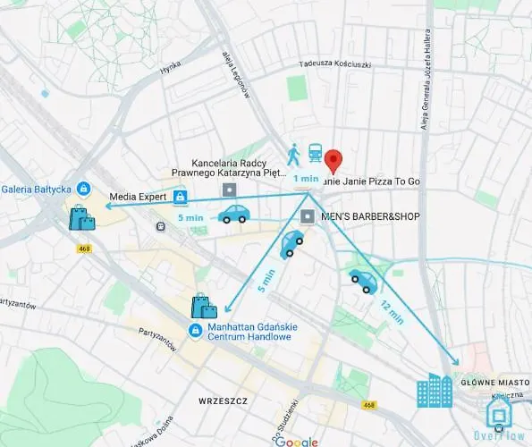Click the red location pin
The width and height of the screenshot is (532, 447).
point(334,160)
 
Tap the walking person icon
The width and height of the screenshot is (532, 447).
point(294,154)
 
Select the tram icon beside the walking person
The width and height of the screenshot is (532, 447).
point(315,154)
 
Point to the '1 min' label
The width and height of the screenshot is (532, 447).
point(305,178)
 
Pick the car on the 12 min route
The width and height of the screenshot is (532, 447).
point(363,281)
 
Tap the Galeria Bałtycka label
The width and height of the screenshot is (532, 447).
point(37,189)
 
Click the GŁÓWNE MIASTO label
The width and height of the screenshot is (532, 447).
point(491,382)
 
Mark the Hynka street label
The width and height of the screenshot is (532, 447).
point(170,68)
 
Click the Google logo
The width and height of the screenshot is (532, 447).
point(296,441)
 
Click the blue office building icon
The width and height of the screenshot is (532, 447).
point(435,391)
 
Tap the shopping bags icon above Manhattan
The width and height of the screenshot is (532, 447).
point(204,307)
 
